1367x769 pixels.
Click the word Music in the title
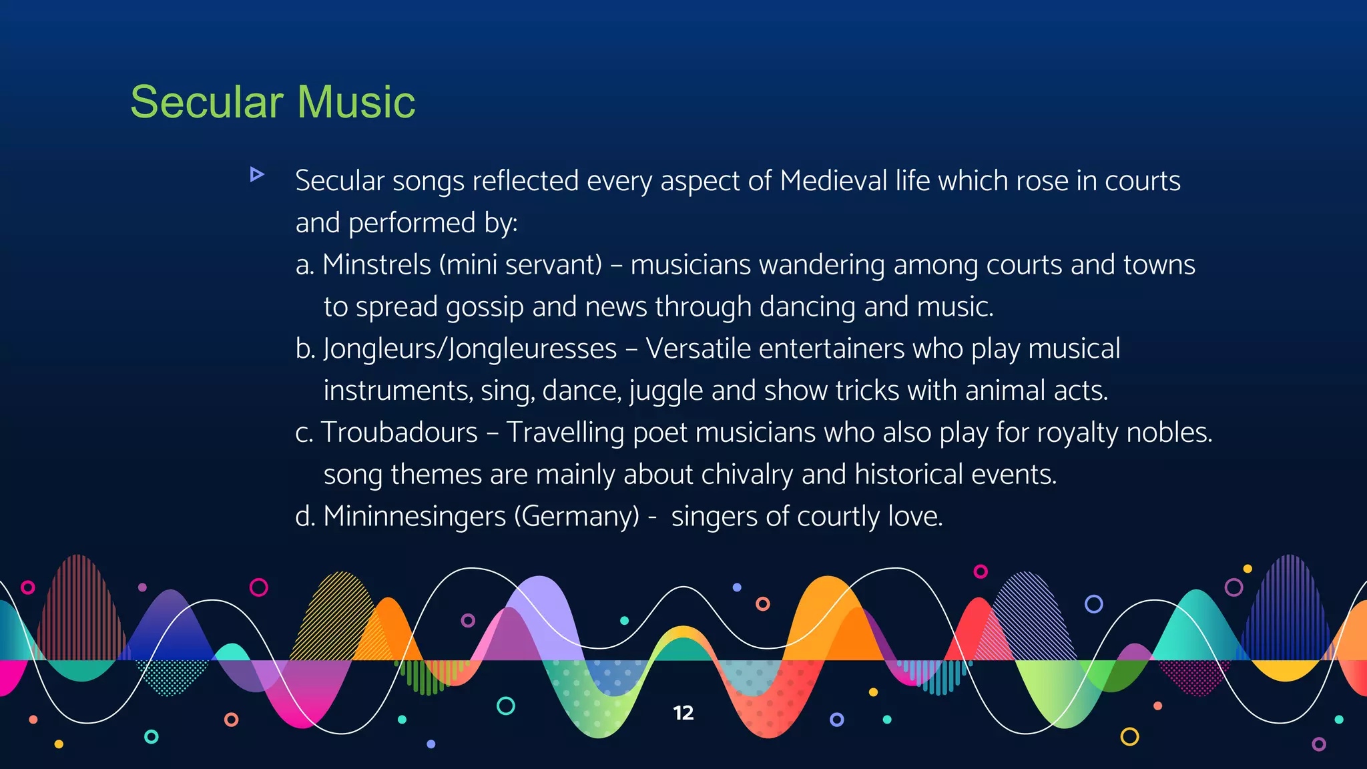click(x=356, y=102)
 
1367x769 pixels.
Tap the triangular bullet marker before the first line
click(x=256, y=175)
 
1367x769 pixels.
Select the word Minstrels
click(x=376, y=265)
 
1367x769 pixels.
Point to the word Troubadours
click(x=399, y=433)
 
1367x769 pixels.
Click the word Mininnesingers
click(x=414, y=517)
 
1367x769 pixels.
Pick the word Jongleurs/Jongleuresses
click(x=470, y=349)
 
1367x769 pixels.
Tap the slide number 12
click(x=683, y=713)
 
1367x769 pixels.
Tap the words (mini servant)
click(x=521, y=265)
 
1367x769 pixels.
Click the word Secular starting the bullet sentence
click(x=340, y=181)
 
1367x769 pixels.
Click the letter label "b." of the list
click(x=305, y=349)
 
